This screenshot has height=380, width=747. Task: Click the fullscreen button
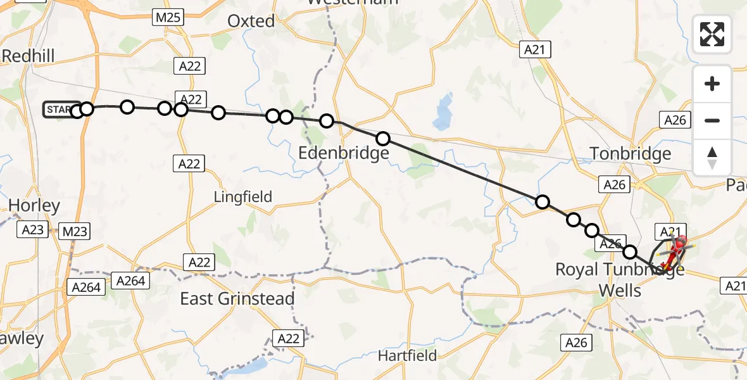click(x=712, y=34)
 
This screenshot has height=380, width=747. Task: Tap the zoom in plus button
click(x=712, y=84)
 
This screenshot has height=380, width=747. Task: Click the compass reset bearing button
click(x=712, y=158)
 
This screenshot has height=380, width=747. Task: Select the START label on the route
click(x=60, y=110)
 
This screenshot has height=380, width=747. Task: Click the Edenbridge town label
click(x=344, y=153)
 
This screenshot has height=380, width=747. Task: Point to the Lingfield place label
click(x=243, y=197)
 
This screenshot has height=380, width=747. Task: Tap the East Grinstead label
click(x=237, y=299)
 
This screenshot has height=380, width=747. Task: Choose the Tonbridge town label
click(x=630, y=154)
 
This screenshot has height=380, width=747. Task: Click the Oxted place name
click(x=251, y=21)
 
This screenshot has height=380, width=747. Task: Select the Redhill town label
click(x=28, y=56)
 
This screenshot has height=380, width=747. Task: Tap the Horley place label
click(x=35, y=205)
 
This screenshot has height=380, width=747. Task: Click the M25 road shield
click(x=168, y=18)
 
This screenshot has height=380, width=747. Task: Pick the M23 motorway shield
click(x=75, y=232)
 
